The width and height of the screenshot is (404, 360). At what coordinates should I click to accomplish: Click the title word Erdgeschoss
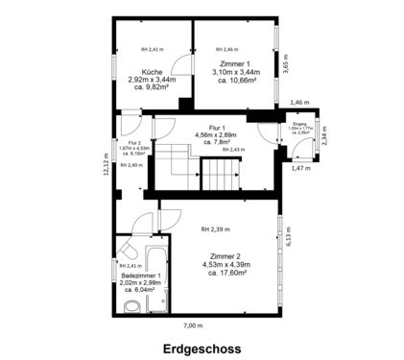point(202,349)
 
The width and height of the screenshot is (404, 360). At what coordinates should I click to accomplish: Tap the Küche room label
point(152,72)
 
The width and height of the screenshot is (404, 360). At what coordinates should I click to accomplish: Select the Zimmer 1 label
point(234,63)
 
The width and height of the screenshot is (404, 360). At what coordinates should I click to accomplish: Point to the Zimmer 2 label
point(226,254)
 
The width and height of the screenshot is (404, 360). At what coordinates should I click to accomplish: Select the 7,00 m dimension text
point(194,325)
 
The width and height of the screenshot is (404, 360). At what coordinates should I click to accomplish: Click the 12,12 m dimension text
point(107,166)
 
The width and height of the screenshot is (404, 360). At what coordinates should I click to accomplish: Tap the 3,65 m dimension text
point(286,62)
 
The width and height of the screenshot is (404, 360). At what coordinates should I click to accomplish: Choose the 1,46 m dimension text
point(299,102)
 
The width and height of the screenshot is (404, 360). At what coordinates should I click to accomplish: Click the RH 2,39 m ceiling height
point(214,229)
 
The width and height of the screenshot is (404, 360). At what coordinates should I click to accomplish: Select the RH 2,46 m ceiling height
point(226,49)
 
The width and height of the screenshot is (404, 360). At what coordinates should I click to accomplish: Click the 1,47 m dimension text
point(301,168)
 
